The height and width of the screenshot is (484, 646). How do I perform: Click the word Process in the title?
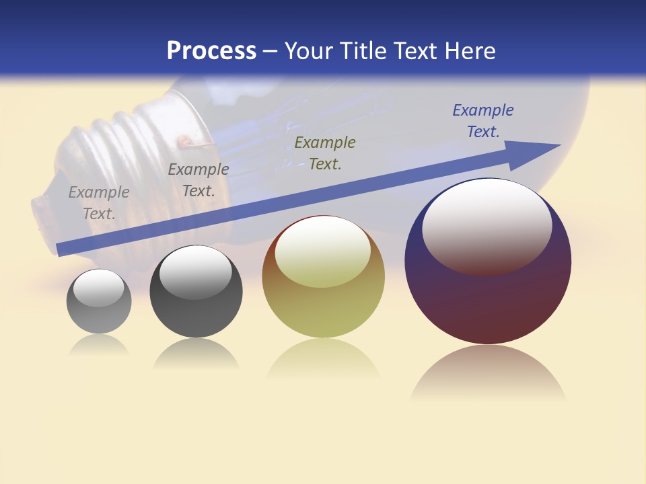(211, 51)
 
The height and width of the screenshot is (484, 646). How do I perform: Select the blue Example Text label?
(483, 121)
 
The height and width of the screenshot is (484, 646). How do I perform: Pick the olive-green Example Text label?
(325, 153)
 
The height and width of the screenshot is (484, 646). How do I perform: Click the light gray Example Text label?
(99, 203)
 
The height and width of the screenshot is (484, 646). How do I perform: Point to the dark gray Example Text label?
(199, 180)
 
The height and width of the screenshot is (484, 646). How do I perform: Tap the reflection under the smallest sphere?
(99, 346)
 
